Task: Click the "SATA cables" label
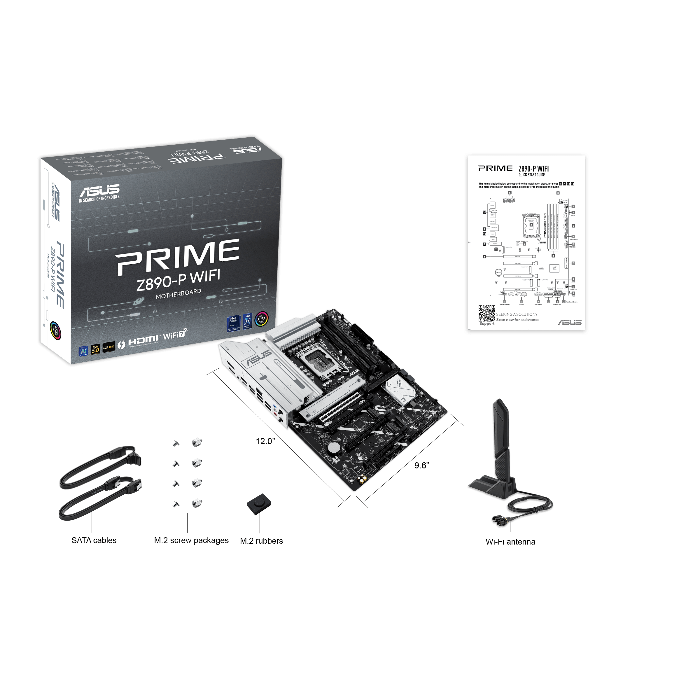point(94,540)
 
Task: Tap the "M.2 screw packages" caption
point(191,540)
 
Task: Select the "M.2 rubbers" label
point(261,540)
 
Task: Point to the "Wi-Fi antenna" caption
point(510,542)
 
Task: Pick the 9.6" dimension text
point(421,465)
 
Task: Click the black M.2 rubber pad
point(259,504)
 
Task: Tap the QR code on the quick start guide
point(487,313)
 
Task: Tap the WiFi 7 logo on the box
point(175,334)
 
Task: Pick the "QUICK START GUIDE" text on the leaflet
point(531,175)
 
